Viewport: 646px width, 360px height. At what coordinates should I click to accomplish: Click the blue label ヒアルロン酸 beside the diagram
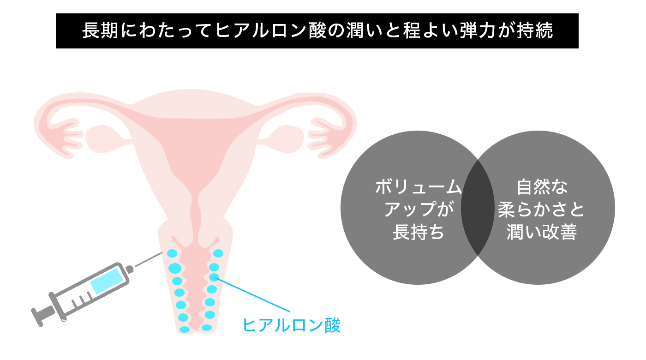(292, 325)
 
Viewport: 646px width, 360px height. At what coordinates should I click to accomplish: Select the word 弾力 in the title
(449, 31)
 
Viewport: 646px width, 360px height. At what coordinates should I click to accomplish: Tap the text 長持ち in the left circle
(418, 232)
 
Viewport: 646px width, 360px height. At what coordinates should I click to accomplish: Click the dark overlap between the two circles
(478, 208)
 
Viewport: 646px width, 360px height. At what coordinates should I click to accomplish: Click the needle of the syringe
(148, 260)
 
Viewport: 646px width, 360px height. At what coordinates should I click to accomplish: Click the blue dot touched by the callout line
(214, 277)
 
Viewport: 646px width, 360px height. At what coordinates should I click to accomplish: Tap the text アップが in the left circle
(418, 210)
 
